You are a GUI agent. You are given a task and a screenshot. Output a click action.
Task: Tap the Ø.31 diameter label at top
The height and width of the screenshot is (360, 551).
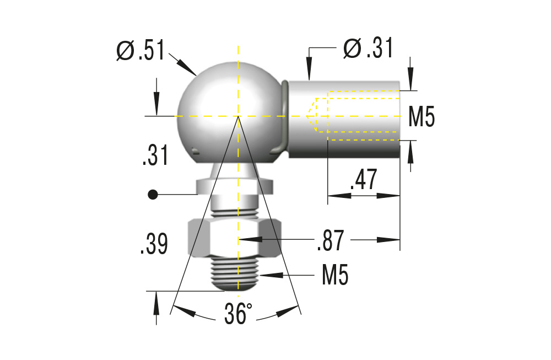[x=368, y=49]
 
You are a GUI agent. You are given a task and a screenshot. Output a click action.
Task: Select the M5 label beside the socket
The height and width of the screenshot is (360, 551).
[x=422, y=117]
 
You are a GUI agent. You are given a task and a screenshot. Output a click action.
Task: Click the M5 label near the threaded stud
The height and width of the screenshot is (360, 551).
[x=335, y=275]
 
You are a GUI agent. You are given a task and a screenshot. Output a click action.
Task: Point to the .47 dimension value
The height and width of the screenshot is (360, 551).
[x=364, y=180]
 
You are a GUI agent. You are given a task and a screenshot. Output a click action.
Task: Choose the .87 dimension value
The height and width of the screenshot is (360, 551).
[x=331, y=241]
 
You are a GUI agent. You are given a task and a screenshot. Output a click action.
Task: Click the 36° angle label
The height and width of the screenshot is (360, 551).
[x=238, y=314]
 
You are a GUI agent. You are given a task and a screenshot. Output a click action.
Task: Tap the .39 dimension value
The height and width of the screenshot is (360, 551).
[x=154, y=245]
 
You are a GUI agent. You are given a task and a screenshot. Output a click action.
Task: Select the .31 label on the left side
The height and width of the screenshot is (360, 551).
[x=154, y=155]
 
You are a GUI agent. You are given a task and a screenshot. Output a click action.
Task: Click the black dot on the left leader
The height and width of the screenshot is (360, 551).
[x=153, y=194]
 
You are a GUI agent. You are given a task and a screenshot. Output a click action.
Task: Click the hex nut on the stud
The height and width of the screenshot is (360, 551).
[x=235, y=238]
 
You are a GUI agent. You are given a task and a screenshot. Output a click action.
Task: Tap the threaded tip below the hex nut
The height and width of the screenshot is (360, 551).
[x=235, y=275]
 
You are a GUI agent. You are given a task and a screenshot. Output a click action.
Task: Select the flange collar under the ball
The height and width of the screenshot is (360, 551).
[x=235, y=185]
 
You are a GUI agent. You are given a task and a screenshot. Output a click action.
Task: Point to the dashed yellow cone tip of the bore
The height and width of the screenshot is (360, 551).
[x=310, y=116]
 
